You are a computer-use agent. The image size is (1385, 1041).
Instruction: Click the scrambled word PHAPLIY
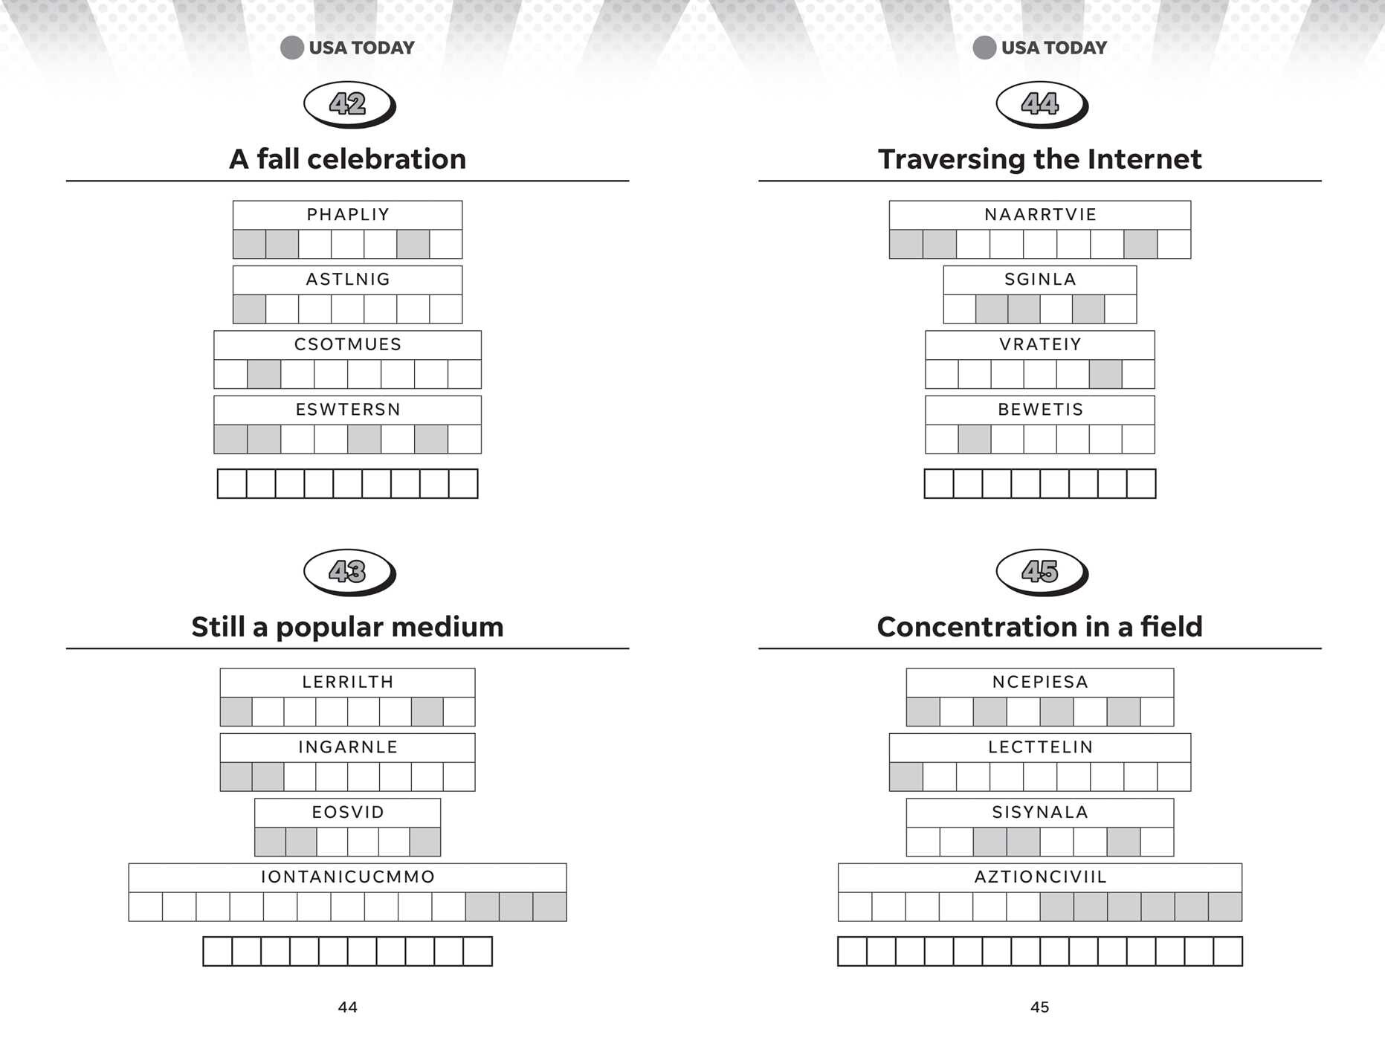[x=348, y=215]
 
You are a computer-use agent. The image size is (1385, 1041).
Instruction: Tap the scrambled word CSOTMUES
[x=348, y=344]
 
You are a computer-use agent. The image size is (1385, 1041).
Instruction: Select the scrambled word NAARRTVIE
[x=1040, y=215]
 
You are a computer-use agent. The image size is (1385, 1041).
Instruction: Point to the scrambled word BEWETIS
[x=1040, y=410]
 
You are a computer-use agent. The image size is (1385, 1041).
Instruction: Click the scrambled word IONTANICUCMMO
[x=348, y=877]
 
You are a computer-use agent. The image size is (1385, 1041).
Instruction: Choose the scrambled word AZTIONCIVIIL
[x=1040, y=877]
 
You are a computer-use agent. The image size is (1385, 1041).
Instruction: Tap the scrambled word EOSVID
[x=348, y=812]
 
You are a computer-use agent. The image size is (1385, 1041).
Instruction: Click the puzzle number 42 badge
[x=349, y=104]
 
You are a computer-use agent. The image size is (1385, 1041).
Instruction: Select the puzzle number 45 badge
[x=1042, y=572]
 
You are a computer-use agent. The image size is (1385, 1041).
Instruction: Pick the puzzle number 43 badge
[x=349, y=572]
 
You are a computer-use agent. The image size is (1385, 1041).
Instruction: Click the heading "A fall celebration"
[x=347, y=159]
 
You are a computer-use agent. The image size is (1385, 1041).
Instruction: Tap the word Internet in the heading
[x=1144, y=159]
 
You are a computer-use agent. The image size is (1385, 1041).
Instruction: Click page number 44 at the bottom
[x=347, y=1008]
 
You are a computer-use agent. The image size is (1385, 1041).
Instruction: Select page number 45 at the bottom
[x=1039, y=1008]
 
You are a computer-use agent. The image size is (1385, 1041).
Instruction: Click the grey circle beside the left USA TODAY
[x=292, y=48]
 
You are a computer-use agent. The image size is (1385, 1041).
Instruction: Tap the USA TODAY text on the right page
[x=1054, y=48]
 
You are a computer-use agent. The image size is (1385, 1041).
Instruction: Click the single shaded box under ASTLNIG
[x=249, y=309]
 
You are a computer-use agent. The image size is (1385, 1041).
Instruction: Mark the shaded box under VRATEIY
[x=1105, y=374]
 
